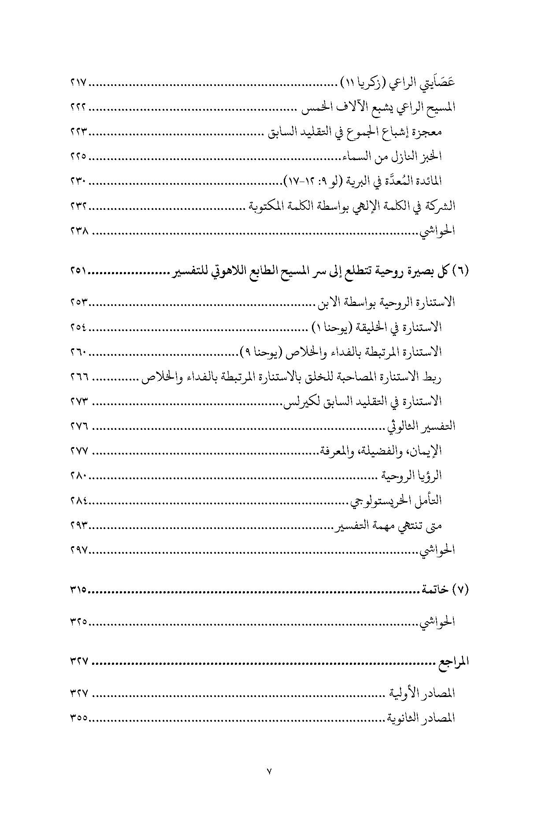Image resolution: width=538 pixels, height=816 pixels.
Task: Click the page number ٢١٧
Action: pos(79,82)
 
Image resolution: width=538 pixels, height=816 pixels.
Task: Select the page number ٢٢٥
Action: pos(79,156)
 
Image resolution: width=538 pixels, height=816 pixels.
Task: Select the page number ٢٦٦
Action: pos(79,377)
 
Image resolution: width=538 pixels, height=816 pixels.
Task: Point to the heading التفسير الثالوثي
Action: pos(421,426)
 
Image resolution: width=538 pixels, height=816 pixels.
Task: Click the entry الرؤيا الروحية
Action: pos(412,476)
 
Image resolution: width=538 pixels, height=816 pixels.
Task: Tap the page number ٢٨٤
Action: pos(79,500)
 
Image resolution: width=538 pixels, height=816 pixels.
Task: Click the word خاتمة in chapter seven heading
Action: pos(434,590)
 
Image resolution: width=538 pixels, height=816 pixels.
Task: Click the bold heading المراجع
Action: pos(452,662)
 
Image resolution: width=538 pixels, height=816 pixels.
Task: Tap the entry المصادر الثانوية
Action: pos(421,718)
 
